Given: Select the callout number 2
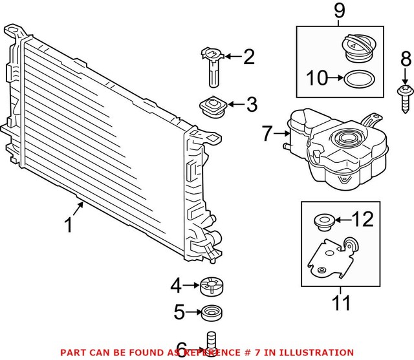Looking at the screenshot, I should click(x=248, y=59).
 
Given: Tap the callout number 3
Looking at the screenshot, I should click(x=250, y=103).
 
